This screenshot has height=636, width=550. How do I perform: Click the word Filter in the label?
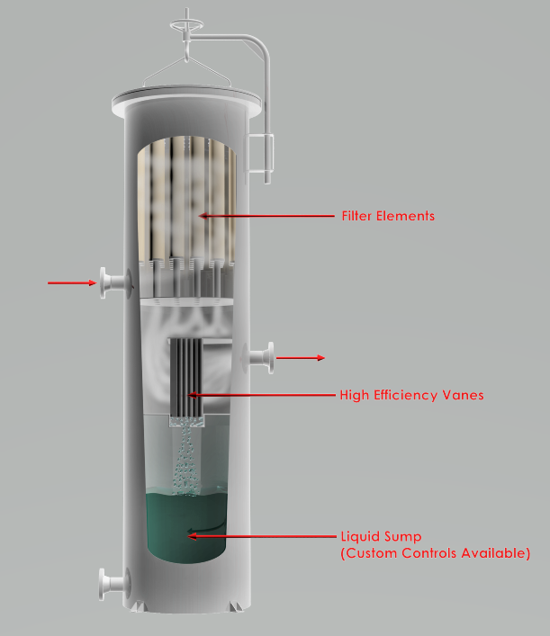(x=356, y=216)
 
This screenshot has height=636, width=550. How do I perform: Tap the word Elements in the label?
(x=405, y=216)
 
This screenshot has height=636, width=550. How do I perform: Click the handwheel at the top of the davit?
(x=186, y=25)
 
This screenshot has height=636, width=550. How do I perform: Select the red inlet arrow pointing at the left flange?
(x=72, y=282)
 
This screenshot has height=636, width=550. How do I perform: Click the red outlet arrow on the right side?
(x=301, y=358)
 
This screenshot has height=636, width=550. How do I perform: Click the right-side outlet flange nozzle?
(x=258, y=358)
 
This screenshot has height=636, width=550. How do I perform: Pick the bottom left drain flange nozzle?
(x=114, y=584)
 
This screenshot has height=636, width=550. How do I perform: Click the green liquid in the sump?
(x=186, y=527)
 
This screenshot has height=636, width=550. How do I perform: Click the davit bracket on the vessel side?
(x=259, y=154)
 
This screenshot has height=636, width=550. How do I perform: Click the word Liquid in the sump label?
(x=357, y=537)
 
